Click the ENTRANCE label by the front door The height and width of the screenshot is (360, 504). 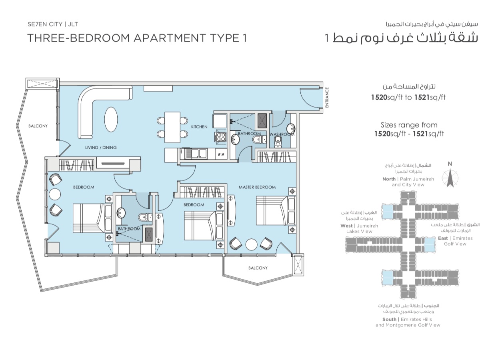327,98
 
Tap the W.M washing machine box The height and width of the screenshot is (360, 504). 221,154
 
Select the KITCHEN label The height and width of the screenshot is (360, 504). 199,127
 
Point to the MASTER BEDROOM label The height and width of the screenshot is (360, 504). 257,187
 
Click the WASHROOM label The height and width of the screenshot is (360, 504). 282,134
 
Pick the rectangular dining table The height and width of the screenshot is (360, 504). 172,127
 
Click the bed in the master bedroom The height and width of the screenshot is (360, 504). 276,210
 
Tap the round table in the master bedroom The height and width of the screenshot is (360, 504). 251,244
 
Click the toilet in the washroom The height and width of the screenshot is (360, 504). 278,142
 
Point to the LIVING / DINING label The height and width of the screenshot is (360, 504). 101,148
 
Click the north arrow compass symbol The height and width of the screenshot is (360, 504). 450,178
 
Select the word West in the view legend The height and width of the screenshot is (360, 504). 346,226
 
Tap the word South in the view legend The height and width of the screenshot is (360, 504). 390,319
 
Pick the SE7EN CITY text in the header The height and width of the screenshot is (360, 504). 45,24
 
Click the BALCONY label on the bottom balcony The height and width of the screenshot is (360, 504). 258,268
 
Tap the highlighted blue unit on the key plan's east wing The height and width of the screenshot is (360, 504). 430,245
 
